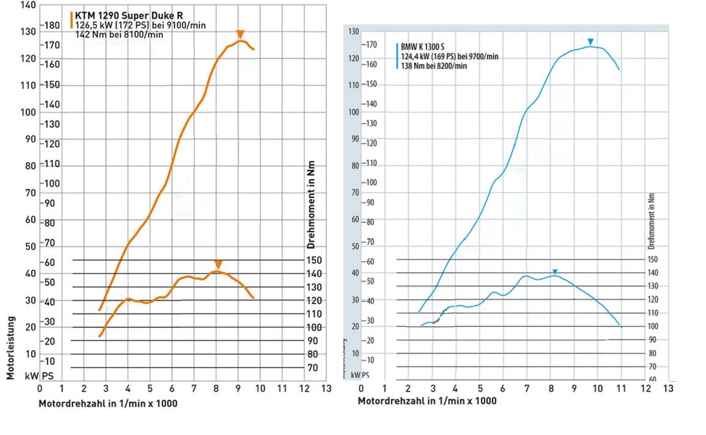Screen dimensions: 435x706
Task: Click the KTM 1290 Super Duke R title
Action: [129, 16]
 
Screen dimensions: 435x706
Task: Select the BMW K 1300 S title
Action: [422, 47]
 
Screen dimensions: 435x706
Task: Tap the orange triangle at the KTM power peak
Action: [240, 35]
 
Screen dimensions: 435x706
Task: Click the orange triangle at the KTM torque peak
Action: [218, 265]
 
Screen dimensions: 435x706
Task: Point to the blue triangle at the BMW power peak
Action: [590, 42]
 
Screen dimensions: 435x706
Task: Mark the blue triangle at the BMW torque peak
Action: [555, 272]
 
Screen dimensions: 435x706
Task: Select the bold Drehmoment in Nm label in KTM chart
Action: [311, 205]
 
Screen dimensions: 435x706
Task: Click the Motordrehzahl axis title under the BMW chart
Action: [427, 401]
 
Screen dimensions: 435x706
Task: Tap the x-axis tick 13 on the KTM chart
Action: [326, 388]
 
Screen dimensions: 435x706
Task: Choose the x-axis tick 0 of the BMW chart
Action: [361, 388]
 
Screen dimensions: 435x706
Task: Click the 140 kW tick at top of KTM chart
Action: [28, 5]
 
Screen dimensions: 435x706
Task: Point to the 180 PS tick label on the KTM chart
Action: [52, 25]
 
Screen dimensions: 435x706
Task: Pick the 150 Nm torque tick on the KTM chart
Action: [314, 260]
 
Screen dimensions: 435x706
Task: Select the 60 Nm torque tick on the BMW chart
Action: [652, 380]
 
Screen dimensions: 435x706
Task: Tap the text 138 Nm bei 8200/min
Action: [434, 66]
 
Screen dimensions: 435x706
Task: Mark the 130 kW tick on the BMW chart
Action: [353, 32]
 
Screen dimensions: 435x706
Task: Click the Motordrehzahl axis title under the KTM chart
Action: [108, 403]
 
